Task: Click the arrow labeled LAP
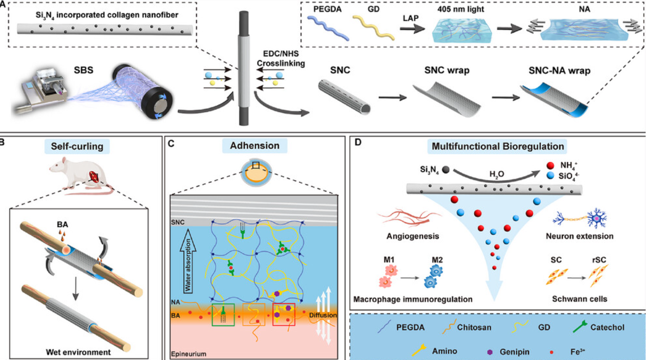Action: [412, 29]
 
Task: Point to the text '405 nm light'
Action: [461, 9]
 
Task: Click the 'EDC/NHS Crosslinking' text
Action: [281, 58]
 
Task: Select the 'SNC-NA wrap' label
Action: [559, 71]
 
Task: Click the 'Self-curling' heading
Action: [77, 146]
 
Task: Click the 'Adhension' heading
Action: [255, 146]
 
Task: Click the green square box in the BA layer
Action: [223, 315]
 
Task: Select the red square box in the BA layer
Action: [284, 314]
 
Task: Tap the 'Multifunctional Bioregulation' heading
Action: [498, 146]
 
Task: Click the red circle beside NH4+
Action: [551, 165]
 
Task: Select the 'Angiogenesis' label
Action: [413, 236]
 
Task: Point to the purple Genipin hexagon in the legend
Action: [490, 352]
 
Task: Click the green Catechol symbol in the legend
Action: [579, 327]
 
